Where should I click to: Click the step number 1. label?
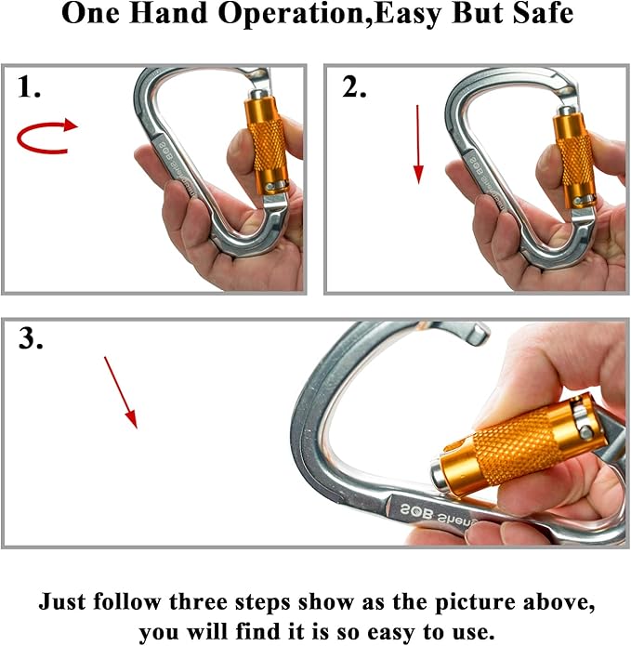pos(30,87)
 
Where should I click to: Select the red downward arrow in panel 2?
pos(418,143)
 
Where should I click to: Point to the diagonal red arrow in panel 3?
pos(121,391)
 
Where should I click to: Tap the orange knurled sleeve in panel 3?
pos(507,445)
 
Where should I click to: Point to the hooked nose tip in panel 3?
pos(480,331)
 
